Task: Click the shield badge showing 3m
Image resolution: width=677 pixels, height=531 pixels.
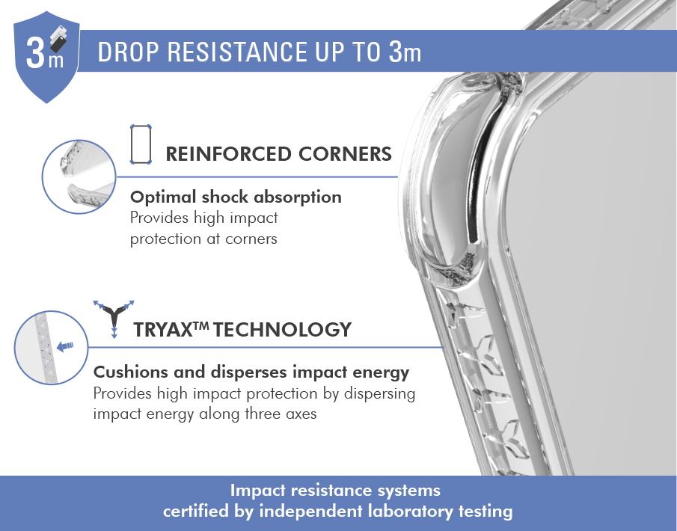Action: (46, 57)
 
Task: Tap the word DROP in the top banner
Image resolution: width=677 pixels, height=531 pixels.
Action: (128, 52)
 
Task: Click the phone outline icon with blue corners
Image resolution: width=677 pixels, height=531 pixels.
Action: (141, 144)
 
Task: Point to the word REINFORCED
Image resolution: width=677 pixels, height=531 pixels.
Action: (228, 154)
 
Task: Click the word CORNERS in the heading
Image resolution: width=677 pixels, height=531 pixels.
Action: (345, 154)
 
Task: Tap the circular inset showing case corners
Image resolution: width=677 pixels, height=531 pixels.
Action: (79, 177)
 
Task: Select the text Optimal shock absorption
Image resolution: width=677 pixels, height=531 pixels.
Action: (236, 197)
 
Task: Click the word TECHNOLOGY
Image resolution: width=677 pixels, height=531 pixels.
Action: (282, 330)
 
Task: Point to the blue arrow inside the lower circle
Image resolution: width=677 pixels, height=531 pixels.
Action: (65, 346)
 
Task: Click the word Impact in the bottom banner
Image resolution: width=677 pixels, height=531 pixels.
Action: (258, 491)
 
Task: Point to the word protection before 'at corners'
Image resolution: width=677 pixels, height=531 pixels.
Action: (165, 239)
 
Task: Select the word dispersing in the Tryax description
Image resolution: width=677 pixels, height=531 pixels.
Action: (379, 393)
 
